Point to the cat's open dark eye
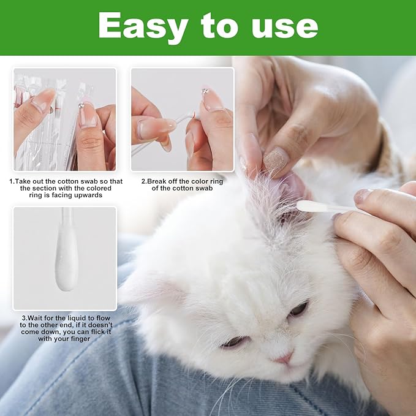pos(298,309)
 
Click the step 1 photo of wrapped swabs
pos(64,119)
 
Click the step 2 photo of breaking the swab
pos(182,119)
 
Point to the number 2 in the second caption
pos(143,181)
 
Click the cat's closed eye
pos(234,342)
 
